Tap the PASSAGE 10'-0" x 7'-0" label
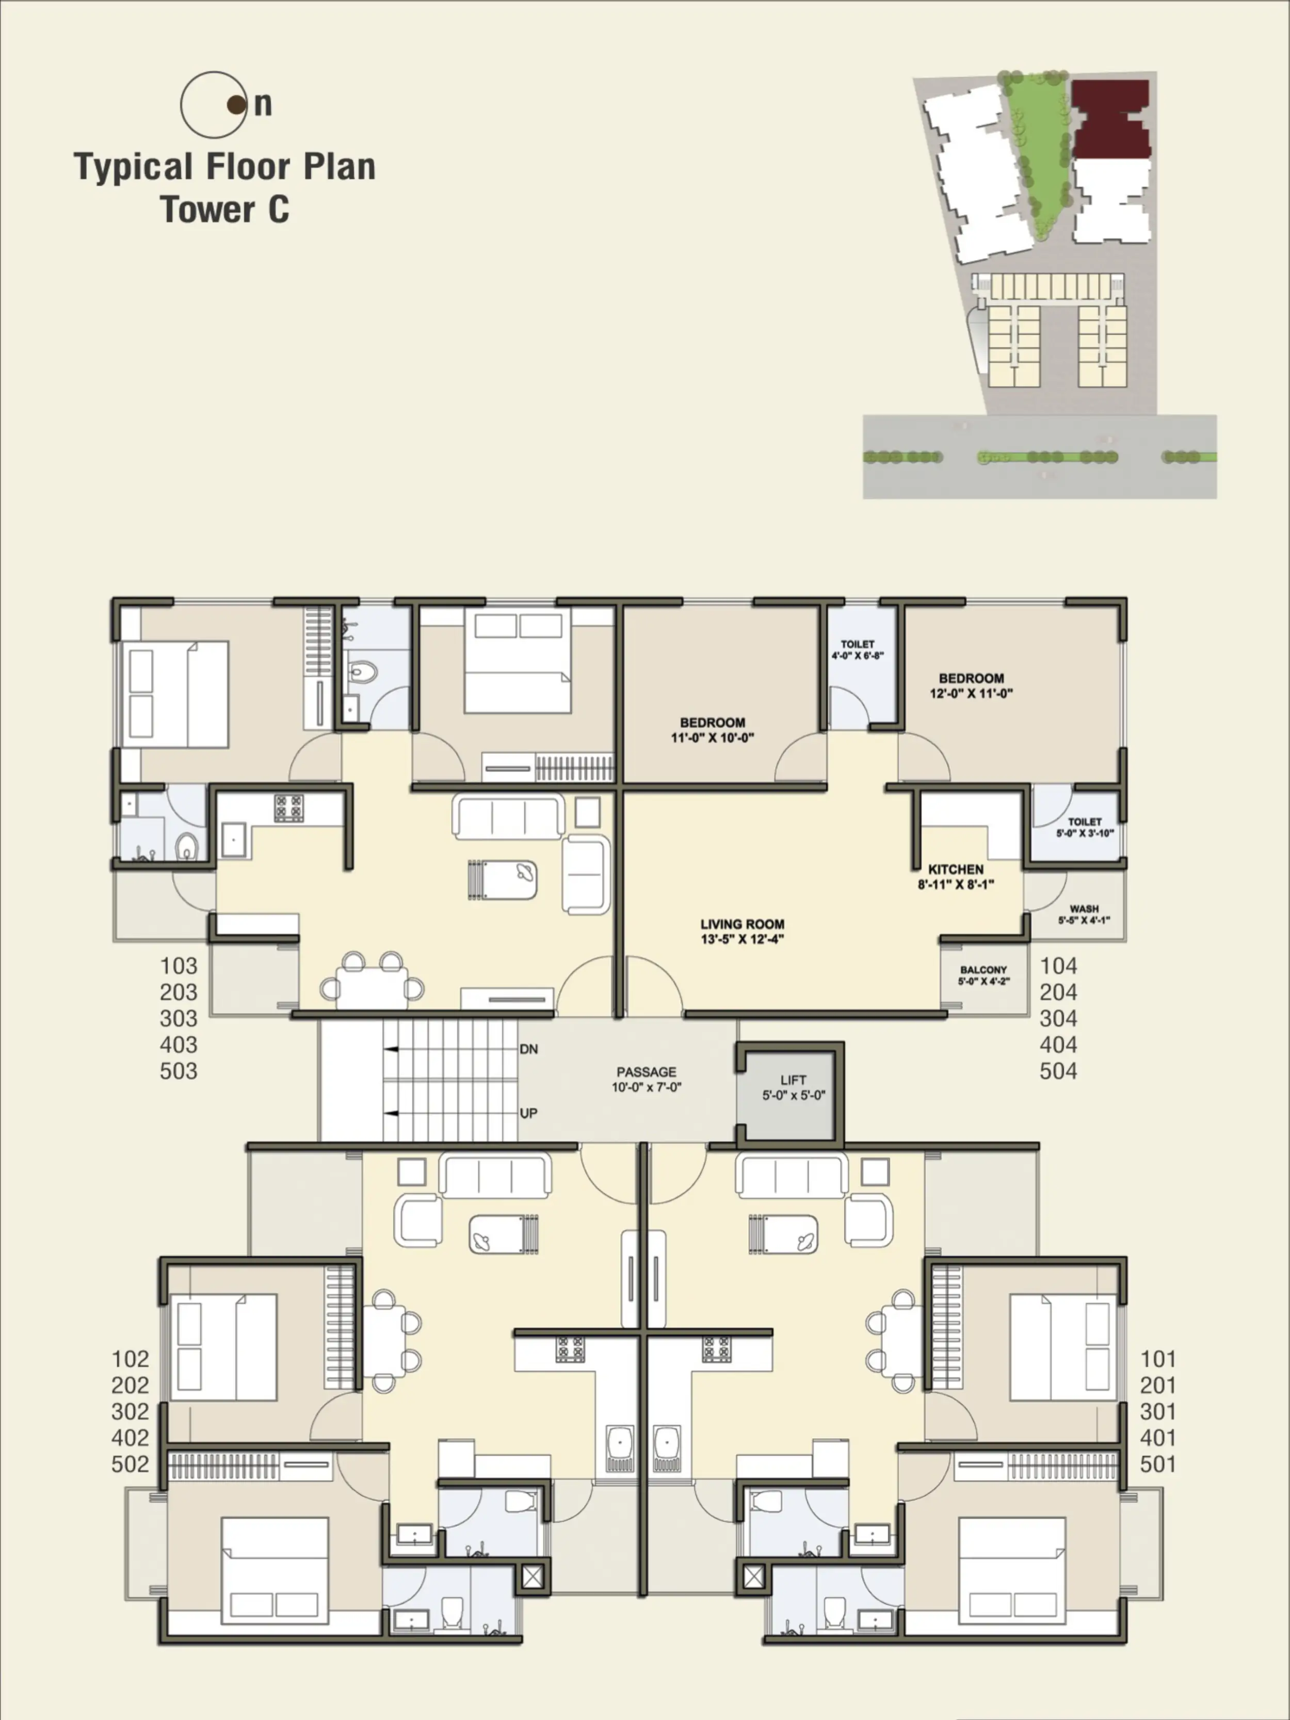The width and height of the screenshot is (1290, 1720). pyautogui.click(x=646, y=1079)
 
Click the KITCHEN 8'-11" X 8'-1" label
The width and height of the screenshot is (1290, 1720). pyautogui.click(x=956, y=876)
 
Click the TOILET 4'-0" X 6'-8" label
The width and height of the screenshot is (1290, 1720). pyautogui.click(x=858, y=649)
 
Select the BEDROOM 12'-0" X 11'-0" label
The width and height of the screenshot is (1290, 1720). pyautogui.click(x=971, y=685)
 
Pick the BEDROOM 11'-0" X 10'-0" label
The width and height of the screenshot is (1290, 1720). pyautogui.click(x=712, y=729)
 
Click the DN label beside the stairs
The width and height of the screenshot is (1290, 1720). pyautogui.click(x=529, y=1049)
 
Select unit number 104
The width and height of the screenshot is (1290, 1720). pyautogui.click(x=1058, y=966)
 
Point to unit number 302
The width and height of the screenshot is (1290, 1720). pyautogui.click(x=130, y=1411)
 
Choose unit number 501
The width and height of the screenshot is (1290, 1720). pyautogui.click(x=1158, y=1464)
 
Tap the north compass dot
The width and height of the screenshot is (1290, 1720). pyautogui.click(x=236, y=104)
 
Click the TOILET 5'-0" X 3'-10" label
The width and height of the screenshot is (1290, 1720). pyautogui.click(x=1084, y=827)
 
